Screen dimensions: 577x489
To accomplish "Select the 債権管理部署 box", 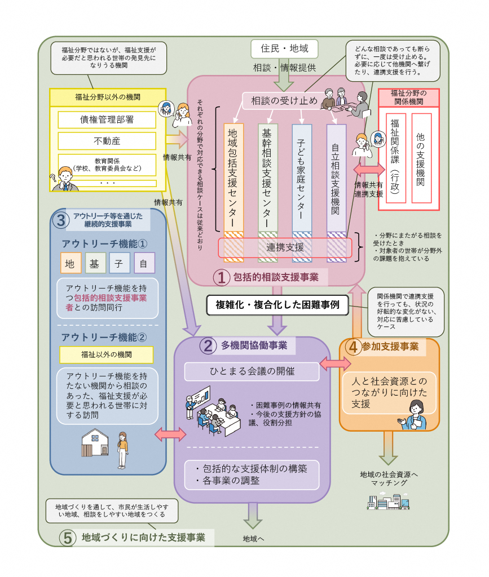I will pyautogui.click(x=107, y=119).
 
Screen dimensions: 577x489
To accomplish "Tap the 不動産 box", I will pyautogui.click(x=107, y=140).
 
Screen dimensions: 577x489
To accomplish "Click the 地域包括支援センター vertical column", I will pyautogui.click(x=234, y=177).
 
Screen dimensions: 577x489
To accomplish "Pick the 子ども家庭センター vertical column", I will pyautogui.click(x=302, y=177).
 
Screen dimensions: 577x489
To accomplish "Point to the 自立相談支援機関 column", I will pyautogui.click(x=336, y=177).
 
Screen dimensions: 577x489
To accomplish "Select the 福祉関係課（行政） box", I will pyautogui.click(x=395, y=158).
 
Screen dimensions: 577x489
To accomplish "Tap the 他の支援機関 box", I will pyautogui.click(x=421, y=158).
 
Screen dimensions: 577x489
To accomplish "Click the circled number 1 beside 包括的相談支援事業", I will pyautogui.click(x=221, y=277).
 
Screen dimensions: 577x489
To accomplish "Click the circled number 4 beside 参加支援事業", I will pyautogui.click(x=353, y=347).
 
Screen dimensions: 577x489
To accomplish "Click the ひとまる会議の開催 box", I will pyautogui.click(x=251, y=371).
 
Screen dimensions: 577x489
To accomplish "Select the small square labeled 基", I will pyautogui.click(x=95, y=263).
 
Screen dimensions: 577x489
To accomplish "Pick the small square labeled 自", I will pyautogui.click(x=144, y=263).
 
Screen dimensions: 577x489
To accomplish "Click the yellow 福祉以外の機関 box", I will pyautogui.click(x=107, y=354).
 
